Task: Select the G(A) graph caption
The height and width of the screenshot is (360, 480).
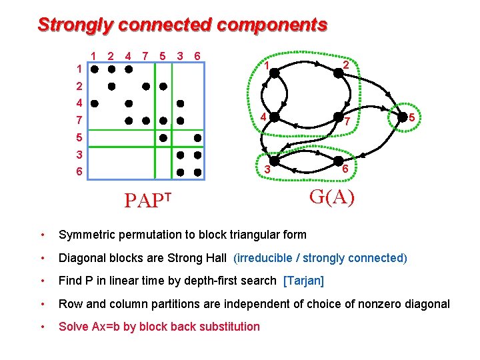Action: [x=332, y=197]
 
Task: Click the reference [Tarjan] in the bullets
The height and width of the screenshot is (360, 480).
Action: [x=303, y=281]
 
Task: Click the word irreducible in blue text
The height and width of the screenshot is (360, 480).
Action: [x=265, y=258]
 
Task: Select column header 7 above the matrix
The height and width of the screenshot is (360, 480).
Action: [x=145, y=56]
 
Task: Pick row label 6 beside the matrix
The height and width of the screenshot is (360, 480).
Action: [x=79, y=172]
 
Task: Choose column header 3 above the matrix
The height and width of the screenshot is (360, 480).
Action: [x=180, y=56]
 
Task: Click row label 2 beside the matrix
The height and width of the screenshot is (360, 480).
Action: [x=79, y=86]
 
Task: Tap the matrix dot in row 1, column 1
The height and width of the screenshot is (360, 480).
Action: [x=95, y=69]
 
